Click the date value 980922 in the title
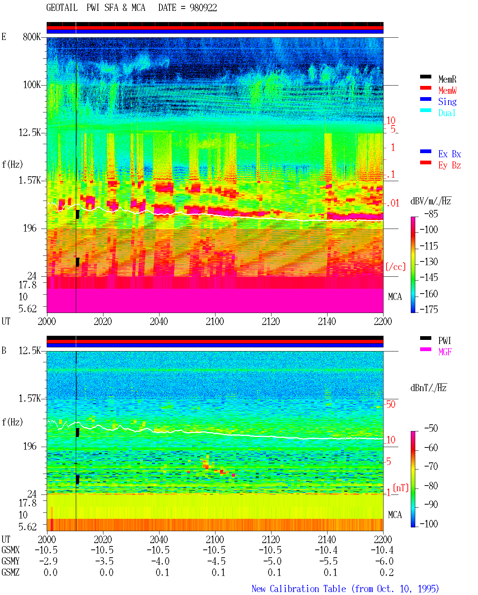pyautogui.click(x=203, y=8)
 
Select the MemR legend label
pyautogui.click(x=447, y=79)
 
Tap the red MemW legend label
pyautogui.click(x=447, y=90)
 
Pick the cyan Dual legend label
pyautogui.click(x=447, y=113)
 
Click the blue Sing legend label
pyautogui.click(x=447, y=102)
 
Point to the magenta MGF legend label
pyautogui.click(x=445, y=352)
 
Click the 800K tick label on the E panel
pyautogui.click(x=32, y=37)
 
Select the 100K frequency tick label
pyautogui.click(x=32, y=85)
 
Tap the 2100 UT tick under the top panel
pyautogui.click(x=215, y=321)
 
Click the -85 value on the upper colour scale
pyautogui.click(x=431, y=214)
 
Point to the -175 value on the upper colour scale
pyautogui.click(x=429, y=309)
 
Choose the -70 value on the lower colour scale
pyautogui.click(x=431, y=467)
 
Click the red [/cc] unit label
pyautogui.click(x=395, y=267)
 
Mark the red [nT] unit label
pyautogui.click(x=401, y=487)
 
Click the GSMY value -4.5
pyautogui.click(x=214, y=561)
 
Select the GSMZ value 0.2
pyautogui.click(x=387, y=572)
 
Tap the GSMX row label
pyautogui.click(x=10, y=550)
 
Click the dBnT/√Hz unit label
pyautogui.click(x=429, y=388)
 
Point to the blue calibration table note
pyautogui.click(x=345, y=589)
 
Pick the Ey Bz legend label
pyautogui.click(x=450, y=165)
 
